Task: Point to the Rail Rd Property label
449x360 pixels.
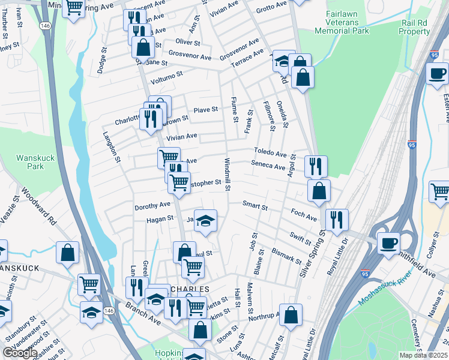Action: coord(415,26)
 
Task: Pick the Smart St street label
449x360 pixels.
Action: coord(255,205)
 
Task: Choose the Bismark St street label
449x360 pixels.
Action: coord(286,254)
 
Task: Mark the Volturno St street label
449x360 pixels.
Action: coord(166,77)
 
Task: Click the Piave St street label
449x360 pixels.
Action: coord(205,110)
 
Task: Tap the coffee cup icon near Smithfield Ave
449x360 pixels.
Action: coord(388,242)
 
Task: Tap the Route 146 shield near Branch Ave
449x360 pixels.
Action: coord(107,310)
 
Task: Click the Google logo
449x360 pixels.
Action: coord(20,353)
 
